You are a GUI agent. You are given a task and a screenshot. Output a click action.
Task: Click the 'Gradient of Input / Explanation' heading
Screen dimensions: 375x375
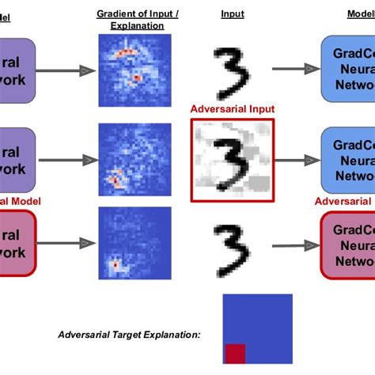click(131, 20)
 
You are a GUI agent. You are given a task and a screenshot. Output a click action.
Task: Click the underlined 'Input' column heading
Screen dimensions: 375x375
click(233, 14)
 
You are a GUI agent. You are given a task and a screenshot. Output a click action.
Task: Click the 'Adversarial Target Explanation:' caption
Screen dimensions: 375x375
click(130, 335)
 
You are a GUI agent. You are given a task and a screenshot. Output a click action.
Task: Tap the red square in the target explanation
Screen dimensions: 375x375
click(235, 355)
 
